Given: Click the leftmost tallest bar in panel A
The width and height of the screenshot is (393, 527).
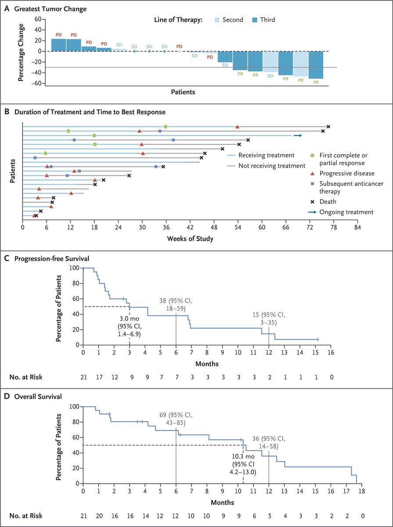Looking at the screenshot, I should coord(58,45).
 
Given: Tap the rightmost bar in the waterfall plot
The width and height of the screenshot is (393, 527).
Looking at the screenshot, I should coord(316,65).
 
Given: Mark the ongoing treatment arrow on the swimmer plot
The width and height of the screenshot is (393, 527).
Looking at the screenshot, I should coord(298,136).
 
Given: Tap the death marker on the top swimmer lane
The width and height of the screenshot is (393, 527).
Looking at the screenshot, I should coord(328,126).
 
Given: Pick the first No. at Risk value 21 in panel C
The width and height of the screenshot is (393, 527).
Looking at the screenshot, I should coord(83,376).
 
